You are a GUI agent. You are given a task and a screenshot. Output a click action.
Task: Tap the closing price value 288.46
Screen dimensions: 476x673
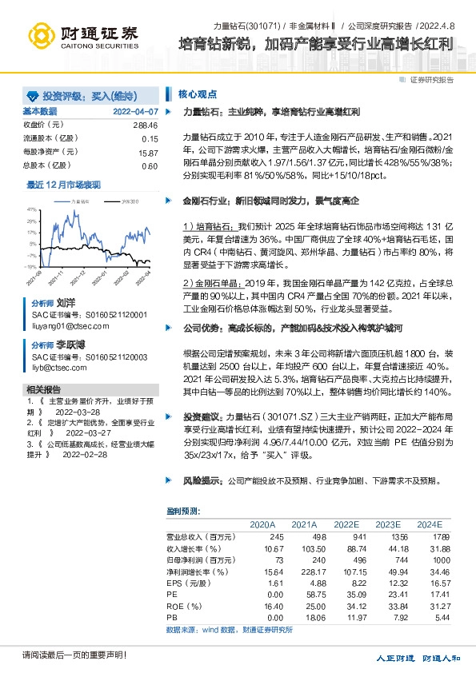pyautogui.click(x=144, y=125)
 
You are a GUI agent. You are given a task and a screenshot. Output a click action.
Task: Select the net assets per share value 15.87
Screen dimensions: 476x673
pyautogui.click(x=148, y=152)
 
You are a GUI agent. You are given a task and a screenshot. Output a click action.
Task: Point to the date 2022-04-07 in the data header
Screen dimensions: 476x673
pyautogui.click(x=135, y=111)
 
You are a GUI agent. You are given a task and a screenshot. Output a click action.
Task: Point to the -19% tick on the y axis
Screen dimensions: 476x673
pyautogui.click(x=32, y=266)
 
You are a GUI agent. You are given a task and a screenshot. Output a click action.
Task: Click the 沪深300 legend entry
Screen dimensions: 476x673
pyautogui.click(x=128, y=202)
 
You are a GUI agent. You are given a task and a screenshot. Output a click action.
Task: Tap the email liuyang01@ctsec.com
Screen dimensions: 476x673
pyautogui.click(x=67, y=326)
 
